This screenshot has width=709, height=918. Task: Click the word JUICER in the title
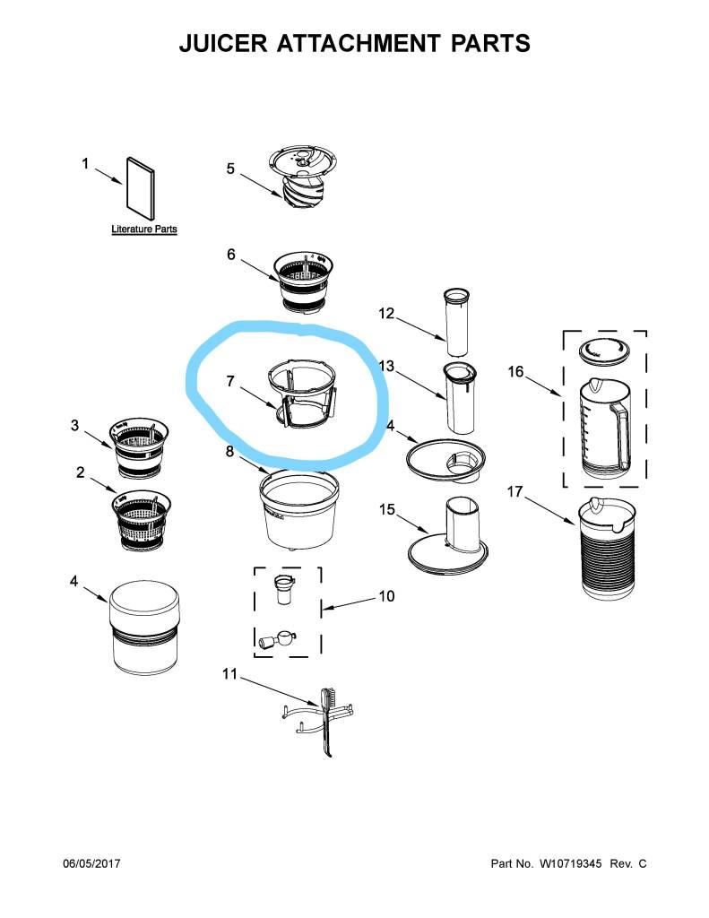pyautogui.click(x=223, y=44)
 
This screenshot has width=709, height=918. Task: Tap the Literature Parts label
pyautogui.click(x=144, y=229)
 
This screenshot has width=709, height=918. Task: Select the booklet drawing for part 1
pyautogui.click(x=141, y=188)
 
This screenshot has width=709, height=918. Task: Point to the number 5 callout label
pyautogui.click(x=230, y=169)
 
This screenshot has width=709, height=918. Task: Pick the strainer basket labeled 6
pyautogui.click(x=303, y=282)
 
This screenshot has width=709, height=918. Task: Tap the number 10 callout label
pyautogui.click(x=386, y=596)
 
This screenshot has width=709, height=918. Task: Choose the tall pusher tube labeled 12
pyautogui.click(x=458, y=322)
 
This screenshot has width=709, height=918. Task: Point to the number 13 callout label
pyautogui.click(x=386, y=366)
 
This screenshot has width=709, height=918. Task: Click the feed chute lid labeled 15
pyautogui.click(x=448, y=537)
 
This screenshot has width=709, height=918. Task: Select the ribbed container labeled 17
pyautogui.click(x=607, y=548)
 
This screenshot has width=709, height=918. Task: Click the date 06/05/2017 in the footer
pyautogui.click(x=91, y=863)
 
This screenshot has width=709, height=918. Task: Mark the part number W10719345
pyautogui.click(x=570, y=863)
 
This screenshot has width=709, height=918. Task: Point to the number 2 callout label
pyautogui.click(x=80, y=472)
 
